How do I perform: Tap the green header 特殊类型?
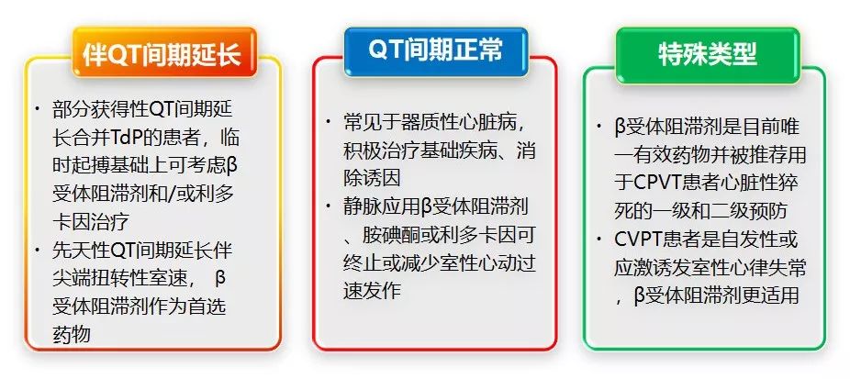point(708,53)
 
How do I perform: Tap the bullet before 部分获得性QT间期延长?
point(38,108)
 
